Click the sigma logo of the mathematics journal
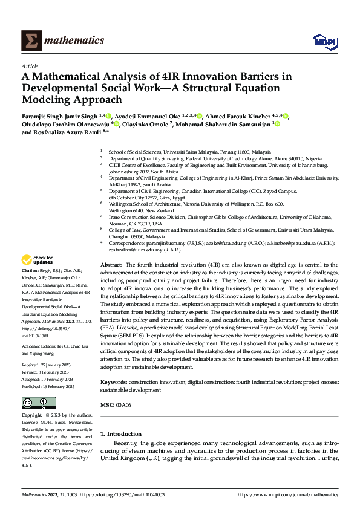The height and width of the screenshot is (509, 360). pos(30,40)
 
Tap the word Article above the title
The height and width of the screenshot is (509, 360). pos(29,66)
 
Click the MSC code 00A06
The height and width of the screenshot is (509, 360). pos(123,404)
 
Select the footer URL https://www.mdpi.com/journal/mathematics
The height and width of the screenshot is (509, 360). pos(288,494)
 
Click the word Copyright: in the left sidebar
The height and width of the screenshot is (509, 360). pos(33,416)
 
